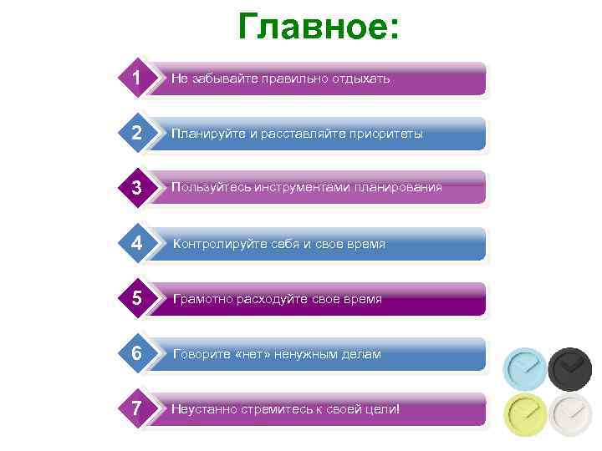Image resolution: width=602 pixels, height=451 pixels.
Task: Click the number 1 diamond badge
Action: [x=135, y=78]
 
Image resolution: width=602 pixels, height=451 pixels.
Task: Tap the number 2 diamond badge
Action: [x=135, y=133]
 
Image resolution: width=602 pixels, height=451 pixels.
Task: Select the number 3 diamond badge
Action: [x=135, y=188]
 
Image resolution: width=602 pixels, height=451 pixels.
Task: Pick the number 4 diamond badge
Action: [x=135, y=243]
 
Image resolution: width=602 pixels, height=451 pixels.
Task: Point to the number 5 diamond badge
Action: [x=135, y=298]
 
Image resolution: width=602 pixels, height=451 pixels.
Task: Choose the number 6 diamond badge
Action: [x=135, y=353]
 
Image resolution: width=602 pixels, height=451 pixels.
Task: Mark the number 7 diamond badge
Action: [x=135, y=408]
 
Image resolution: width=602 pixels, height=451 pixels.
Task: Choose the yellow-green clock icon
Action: [x=524, y=413]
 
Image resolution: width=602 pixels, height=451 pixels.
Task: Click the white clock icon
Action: [x=569, y=413]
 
